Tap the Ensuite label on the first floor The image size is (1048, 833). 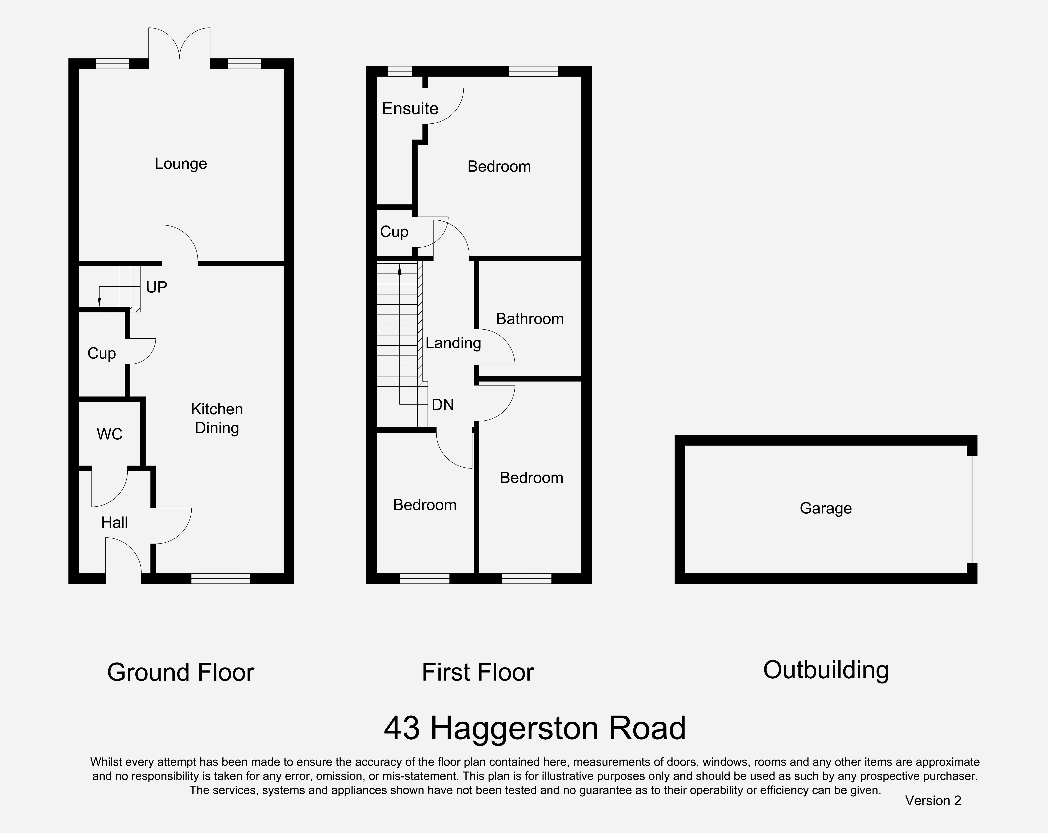pyautogui.click(x=410, y=108)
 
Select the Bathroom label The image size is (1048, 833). pyautogui.click(x=530, y=319)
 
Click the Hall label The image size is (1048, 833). pyautogui.click(x=114, y=523)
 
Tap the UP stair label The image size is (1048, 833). pyautogui.click(x=157, y=287)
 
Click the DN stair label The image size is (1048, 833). pyautogui.click(x=442, y=404)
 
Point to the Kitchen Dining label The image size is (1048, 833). pyautogui.click(x=217, y=418)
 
